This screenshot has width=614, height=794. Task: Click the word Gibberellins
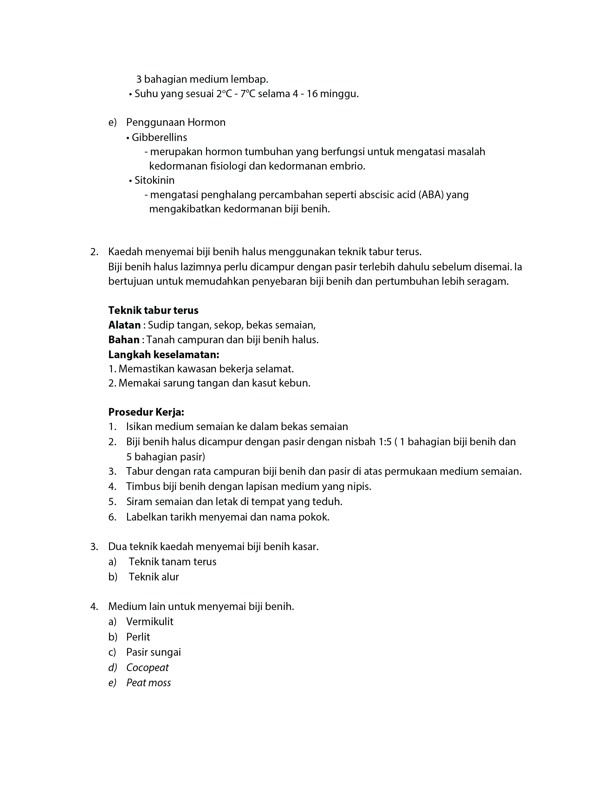click(159, 137)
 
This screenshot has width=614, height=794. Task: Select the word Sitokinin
click(154, 180)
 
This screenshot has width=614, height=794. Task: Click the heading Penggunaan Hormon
click(176, 122)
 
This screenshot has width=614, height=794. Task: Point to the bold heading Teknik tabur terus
click(153, 311)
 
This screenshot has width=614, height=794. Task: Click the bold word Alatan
click(124, 325)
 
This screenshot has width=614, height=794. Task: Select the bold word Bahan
click(124, 340)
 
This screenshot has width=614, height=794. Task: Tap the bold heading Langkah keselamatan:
click(164, 354)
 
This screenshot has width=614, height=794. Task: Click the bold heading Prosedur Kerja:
click(146, 412)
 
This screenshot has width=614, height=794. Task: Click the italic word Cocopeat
click(147, 667)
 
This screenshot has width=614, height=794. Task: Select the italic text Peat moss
click(149, 683)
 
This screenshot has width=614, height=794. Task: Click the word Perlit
click(138, 637)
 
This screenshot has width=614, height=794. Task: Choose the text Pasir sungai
click(153, 652)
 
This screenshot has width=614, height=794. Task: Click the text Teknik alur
click(154, 577)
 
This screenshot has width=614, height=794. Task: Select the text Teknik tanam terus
click(172, 562)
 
